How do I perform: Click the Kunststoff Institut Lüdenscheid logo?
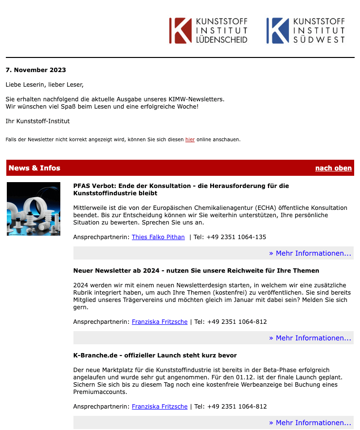tap(208, 31)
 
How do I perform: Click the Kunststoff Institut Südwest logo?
tap(306, 31)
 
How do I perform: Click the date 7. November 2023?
tap(36, 70)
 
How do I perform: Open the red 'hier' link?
tap(190, 140)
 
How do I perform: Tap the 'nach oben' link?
tap(333, 168)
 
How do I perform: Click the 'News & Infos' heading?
tap(35, 168)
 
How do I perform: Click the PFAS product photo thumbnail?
tap(34, 209)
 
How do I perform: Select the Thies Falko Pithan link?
tap(158, 237)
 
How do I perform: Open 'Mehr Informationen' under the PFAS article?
tap(310, 253)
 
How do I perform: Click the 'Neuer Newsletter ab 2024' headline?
tap(196, 270)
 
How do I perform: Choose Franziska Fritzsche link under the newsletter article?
tap(160, 322)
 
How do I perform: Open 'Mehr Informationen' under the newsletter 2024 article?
tap(310, 338)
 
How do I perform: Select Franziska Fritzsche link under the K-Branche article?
tap(160, 407)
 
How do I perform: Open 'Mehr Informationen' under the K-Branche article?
tap(310, 423)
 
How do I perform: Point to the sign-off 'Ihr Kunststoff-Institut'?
tap(38, 121)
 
